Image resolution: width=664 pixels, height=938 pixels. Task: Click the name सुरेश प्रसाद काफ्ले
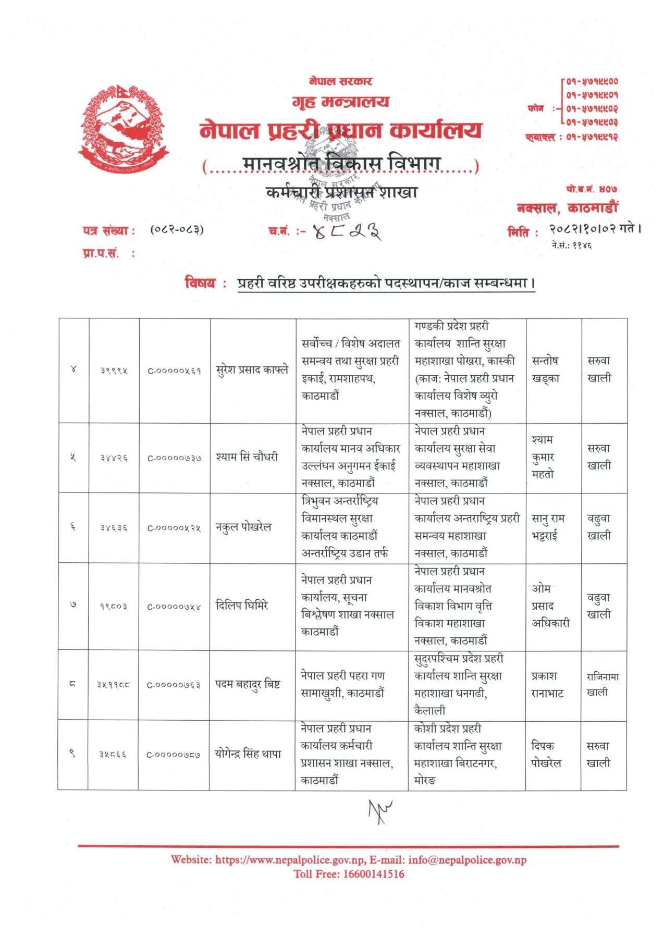click(x=252, y=370)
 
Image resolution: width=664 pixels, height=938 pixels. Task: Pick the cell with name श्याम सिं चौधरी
click(x=247, y=457)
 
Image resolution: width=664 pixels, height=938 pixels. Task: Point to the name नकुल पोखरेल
click(x=244, y=527)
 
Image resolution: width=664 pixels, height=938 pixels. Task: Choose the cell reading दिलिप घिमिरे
click(x=242, y=606)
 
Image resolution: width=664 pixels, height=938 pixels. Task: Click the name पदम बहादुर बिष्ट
click(x=249, y=684)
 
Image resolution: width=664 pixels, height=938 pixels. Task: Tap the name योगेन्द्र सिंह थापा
click(x=249, y=754)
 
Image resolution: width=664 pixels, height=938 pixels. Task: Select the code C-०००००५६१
click(x=174, y=371)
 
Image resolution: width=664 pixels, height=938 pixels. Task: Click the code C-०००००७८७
click(x=174, y=754)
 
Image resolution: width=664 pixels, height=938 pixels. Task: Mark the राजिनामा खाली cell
click(x=602, y=684)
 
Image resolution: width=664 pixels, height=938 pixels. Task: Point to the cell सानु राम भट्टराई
click(x=548, y=527)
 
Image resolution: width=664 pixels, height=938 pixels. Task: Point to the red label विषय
click(x=200, y=283)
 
